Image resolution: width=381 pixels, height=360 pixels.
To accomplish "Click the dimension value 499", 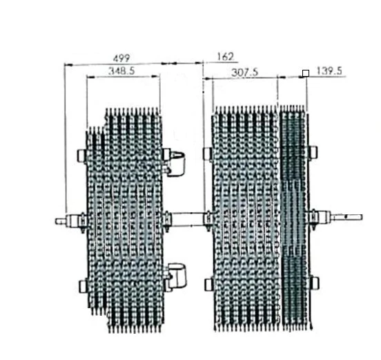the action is click(121, 58).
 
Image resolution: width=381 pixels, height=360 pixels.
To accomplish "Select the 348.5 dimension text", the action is click(121, 71).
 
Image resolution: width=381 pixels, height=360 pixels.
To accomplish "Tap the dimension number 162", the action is click(226, 57).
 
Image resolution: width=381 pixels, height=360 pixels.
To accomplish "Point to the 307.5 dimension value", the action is click(245, 73).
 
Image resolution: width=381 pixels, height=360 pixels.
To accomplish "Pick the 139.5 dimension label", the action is click(329, 71).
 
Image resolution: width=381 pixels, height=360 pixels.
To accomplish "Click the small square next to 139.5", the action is click(306, 73).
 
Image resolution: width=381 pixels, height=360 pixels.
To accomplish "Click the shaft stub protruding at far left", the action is click(60, 221).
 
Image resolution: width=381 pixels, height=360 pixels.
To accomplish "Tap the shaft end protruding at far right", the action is click(347, 217).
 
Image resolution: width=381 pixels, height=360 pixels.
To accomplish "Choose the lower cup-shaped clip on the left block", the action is click(177, 276).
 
